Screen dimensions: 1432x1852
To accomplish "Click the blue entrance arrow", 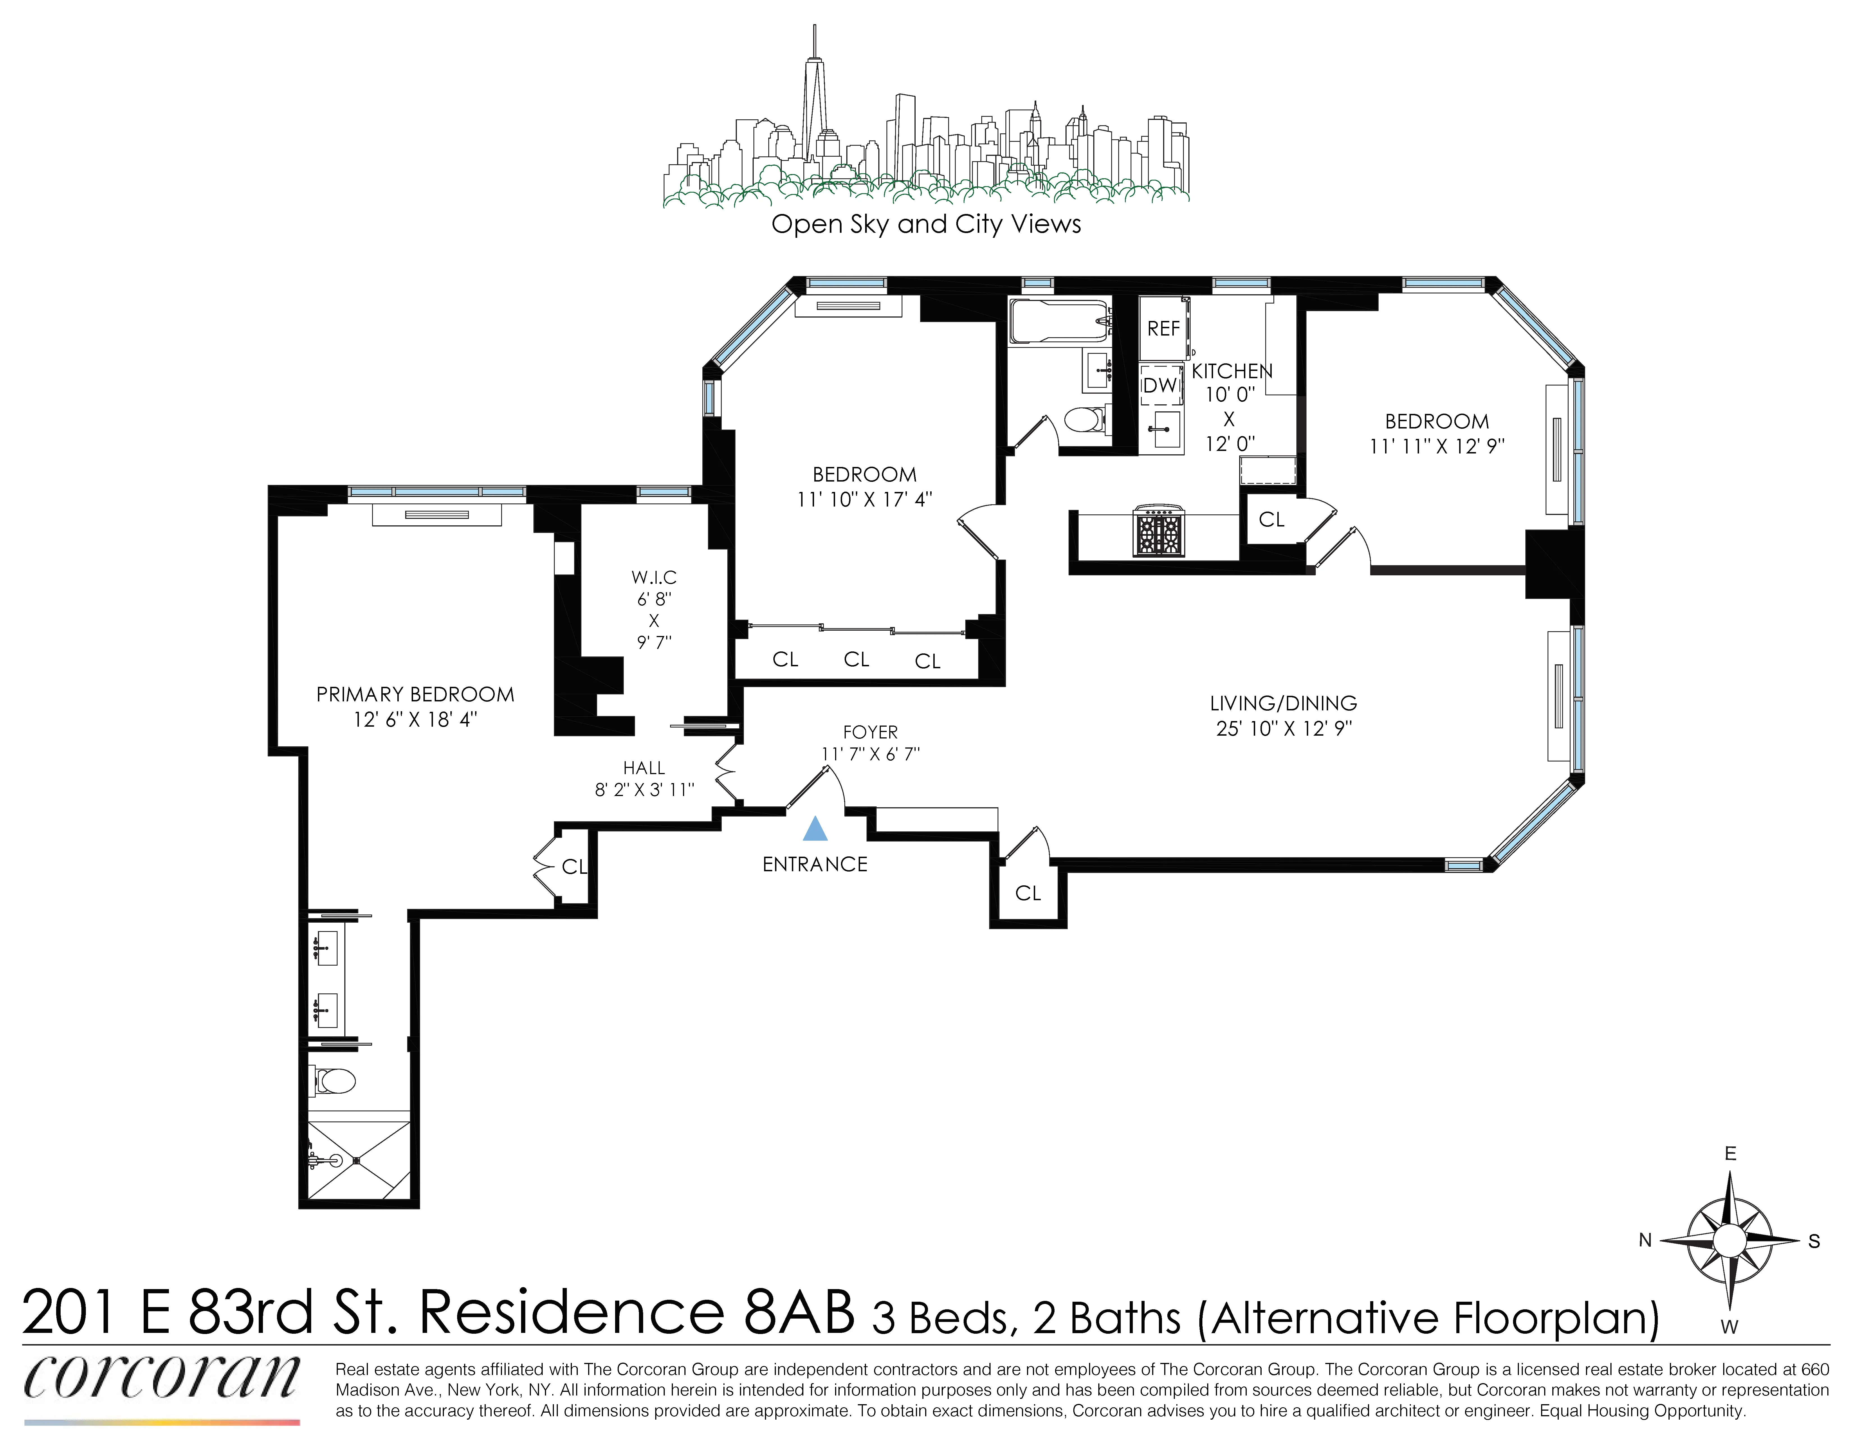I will coord(815,829).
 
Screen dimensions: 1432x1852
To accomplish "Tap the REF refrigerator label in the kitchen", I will coord(1163,328).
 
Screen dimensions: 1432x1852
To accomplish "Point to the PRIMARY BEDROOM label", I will coord(415,694).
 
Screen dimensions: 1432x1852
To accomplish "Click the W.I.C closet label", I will coord(654,577).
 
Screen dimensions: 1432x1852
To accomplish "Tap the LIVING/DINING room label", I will coord(1283,703).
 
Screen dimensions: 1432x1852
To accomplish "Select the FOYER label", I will coord(870,731).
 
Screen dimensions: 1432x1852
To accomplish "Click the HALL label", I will coord(644,768).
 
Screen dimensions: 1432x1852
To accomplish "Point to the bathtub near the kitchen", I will coord(1058,321).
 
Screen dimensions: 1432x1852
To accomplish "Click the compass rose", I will coord(1729,1240).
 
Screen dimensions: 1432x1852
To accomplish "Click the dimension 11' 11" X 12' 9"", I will coord(1436,446).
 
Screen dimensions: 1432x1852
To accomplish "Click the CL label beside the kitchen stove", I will coord(1271,519).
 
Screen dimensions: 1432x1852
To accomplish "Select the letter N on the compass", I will coord(1645,1240).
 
